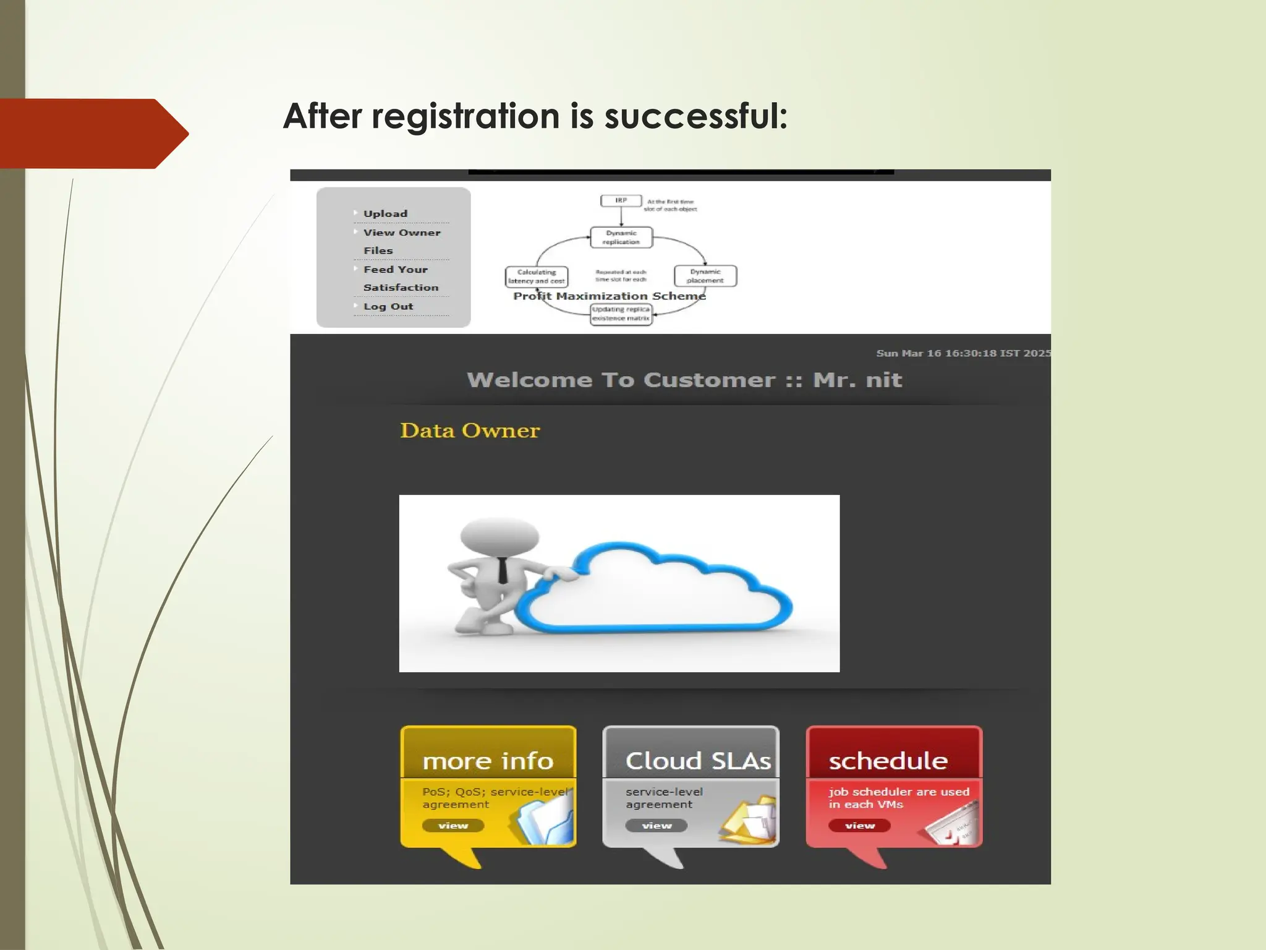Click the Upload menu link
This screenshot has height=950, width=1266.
pos(385,213)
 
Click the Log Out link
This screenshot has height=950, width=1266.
pos(388,307)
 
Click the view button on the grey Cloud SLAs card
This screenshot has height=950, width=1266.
pos(656,826)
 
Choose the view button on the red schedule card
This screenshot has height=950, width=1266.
pos(859,826)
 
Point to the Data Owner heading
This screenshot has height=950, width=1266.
pos(470,430)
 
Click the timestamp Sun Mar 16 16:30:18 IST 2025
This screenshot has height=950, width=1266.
pos(962,353)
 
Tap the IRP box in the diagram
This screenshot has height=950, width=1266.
pos(621,201)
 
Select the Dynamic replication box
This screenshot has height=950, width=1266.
pos(621,237)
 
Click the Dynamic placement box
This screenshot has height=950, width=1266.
pos(705,276)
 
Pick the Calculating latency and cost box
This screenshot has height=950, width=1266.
pos(536,276)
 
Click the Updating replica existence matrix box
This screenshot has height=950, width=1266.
pos(621,314)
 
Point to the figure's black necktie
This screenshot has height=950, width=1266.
pos(502,570)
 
